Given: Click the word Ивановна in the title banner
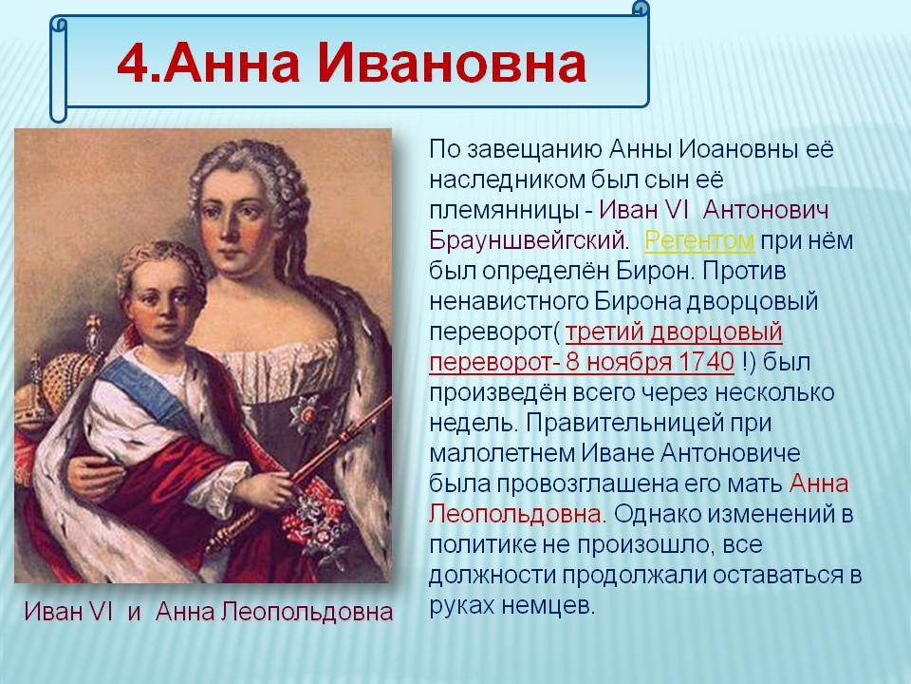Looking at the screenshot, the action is [451, 63].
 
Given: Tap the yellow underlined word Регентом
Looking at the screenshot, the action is [699, 240].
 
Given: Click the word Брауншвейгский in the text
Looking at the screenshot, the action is [529, 240].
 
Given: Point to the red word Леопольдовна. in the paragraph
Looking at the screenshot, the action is [518, 514].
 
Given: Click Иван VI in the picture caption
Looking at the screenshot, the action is [68, 611].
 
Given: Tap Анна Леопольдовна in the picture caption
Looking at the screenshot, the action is [274, 612].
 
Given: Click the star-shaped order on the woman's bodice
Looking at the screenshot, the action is [307, 414].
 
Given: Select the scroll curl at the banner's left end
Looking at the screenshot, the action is [59, 68].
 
